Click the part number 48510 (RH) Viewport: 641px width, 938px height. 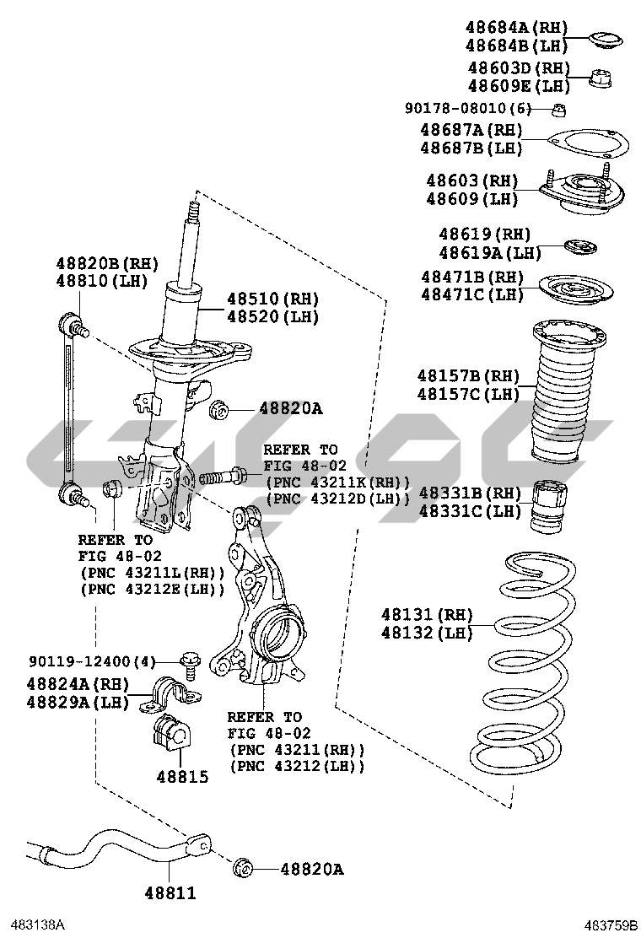[261, 299]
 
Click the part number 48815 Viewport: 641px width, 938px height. [181, 776]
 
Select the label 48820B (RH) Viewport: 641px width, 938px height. [107, 263]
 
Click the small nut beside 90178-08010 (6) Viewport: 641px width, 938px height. [558, 109]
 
